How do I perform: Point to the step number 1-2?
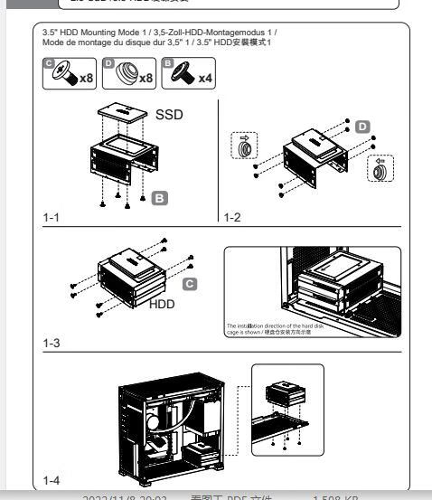[234, 218]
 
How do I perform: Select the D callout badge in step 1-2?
[362, 122]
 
